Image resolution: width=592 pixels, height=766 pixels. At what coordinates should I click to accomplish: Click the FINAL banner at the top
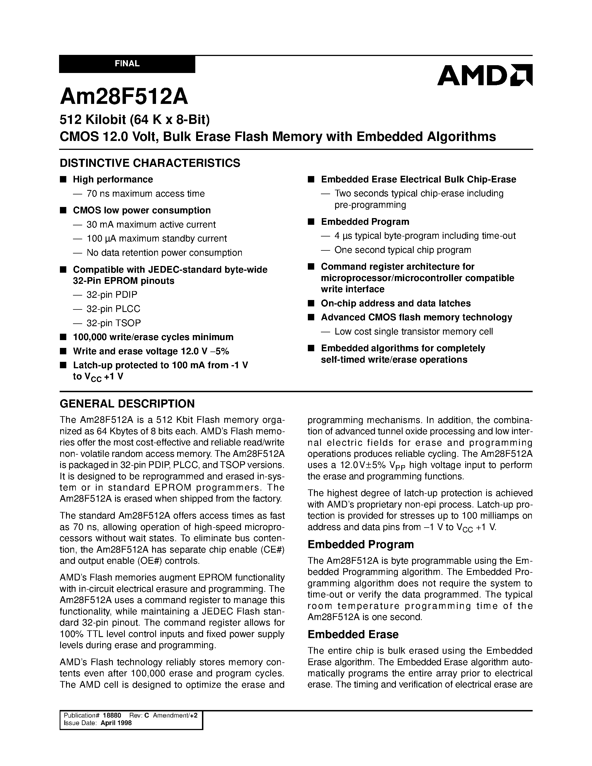[x=127, y=64]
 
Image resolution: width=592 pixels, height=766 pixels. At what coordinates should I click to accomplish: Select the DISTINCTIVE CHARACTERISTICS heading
[x=150, y=163]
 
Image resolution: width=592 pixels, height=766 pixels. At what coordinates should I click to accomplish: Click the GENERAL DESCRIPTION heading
[x=127, y=404]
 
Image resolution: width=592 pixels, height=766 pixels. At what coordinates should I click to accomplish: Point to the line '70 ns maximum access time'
[x=145, y=194]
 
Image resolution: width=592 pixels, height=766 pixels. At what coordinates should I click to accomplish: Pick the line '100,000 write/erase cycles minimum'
[x=153, y=337]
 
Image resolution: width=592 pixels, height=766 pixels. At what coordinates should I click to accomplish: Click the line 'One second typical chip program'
[x=403, y=250]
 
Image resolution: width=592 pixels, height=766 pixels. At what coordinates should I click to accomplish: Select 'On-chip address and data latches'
[x=396, y=303]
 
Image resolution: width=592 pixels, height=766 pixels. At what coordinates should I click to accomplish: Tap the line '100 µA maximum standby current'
[x=156, y=238]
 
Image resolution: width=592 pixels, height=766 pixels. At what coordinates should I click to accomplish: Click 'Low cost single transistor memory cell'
[x=413, y=331]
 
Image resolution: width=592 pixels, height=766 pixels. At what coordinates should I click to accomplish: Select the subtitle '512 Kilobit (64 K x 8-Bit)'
[x=135, y=120]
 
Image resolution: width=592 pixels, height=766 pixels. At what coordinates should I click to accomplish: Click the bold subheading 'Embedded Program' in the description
[x=360, y=544]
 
